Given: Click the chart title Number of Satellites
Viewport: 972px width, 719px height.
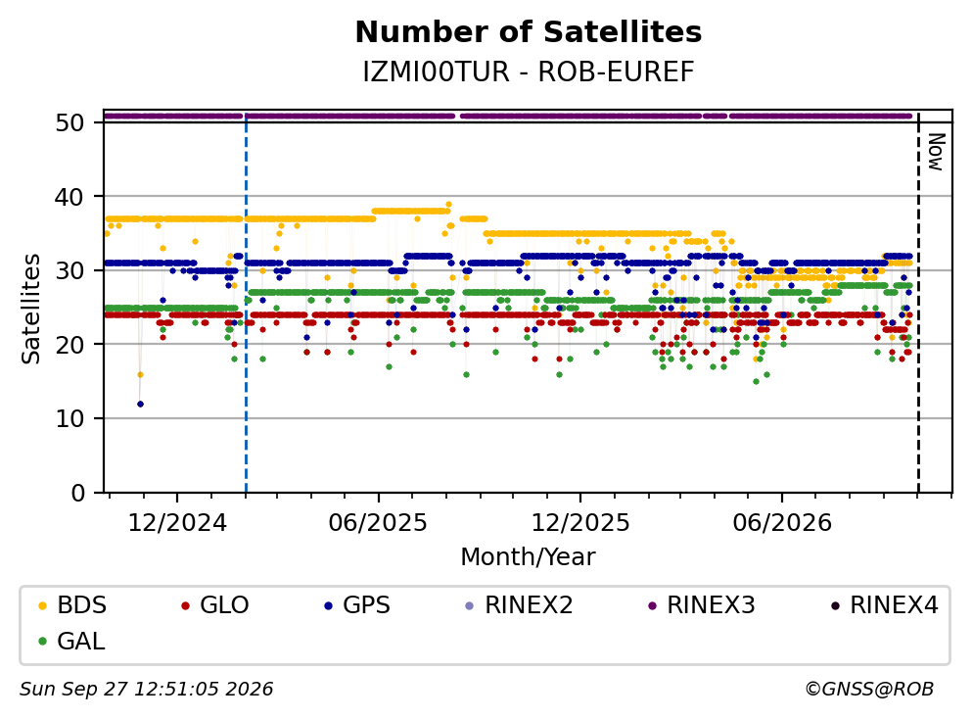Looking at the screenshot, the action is (529, 32).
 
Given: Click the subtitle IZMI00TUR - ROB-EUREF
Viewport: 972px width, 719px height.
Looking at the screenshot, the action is (529, 72).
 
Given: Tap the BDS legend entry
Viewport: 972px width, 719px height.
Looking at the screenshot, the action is (72, 604).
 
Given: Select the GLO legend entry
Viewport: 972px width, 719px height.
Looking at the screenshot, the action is (215, 604).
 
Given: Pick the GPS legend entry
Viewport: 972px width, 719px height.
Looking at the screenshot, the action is (357, 604).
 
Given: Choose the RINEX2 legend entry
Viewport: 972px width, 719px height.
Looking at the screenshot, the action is (520, 604).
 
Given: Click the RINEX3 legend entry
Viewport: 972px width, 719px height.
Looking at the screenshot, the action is (702, 604).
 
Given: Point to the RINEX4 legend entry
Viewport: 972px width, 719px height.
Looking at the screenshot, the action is (885, 604).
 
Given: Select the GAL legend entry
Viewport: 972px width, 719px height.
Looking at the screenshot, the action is (71, 641).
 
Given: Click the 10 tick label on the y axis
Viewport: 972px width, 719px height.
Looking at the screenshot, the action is (70, 418).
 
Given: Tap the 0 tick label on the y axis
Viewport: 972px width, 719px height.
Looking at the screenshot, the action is (77, 493).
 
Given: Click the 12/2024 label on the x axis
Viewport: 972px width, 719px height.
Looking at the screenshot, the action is (177, 523).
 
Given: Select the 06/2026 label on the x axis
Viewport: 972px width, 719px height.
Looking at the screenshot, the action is (782, 523).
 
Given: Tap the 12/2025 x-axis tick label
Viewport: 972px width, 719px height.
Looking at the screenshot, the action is (580, 523).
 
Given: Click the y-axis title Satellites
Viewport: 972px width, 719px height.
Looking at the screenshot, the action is (30, 309).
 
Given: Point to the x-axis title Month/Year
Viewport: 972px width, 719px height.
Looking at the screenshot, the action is (529, 556).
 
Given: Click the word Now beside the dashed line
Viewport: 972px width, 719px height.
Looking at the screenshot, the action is (936, 152).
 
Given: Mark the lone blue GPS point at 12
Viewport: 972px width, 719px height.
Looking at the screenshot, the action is (140, 404).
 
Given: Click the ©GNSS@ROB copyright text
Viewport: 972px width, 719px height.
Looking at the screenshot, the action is (869, 689).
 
